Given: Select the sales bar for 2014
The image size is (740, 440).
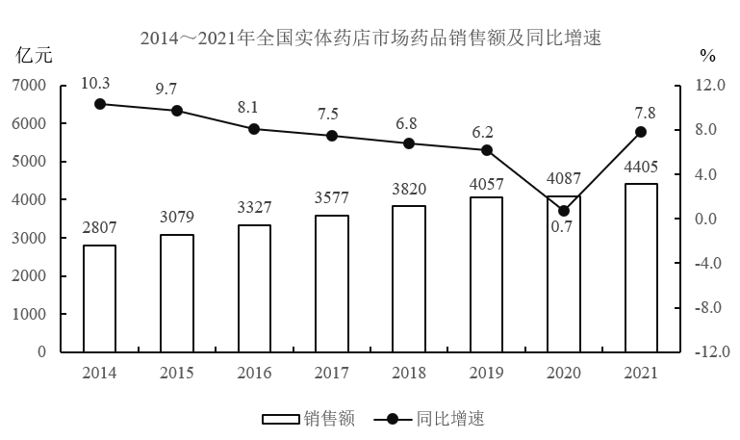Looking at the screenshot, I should coord(99,298).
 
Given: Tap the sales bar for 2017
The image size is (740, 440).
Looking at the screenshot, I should coord(332,283).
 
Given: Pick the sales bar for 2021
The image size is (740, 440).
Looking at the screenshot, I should coord(641,268).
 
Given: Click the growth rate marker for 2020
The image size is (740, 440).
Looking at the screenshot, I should coord(564,211).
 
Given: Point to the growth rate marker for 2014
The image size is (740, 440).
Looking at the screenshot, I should coord(99,104).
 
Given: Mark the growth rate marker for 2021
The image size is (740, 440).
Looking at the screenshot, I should coord(641,132).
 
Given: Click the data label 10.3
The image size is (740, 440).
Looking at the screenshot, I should coord(99,83).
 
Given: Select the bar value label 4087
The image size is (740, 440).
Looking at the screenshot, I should coord(564,179).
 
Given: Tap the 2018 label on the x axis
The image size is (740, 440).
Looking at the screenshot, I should coord(409,373).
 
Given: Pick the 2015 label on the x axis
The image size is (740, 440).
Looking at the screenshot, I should coord(177,373).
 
